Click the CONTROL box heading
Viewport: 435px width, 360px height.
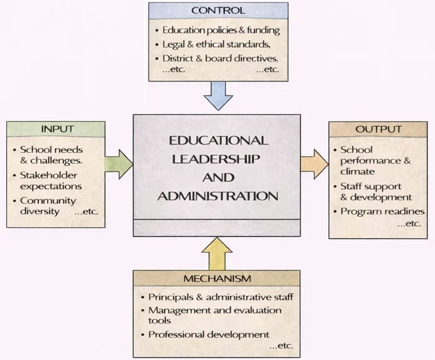tap(217, 11)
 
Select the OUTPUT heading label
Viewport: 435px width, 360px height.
tap(378, 129)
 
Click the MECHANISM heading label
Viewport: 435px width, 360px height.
tap(217, 278)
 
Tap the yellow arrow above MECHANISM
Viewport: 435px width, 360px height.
tap(217, 252)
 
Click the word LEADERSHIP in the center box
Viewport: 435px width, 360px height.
tap(217, 158)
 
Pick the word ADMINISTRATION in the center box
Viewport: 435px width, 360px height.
tap(217, 196)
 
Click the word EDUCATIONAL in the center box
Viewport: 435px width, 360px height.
tap(217, 140)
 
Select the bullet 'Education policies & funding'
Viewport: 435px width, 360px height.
tap(221, 30)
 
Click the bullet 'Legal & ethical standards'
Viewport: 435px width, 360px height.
tap(215, 45)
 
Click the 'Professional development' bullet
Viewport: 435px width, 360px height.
tap(208, 335)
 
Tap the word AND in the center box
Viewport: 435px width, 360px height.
tap(217, 177)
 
